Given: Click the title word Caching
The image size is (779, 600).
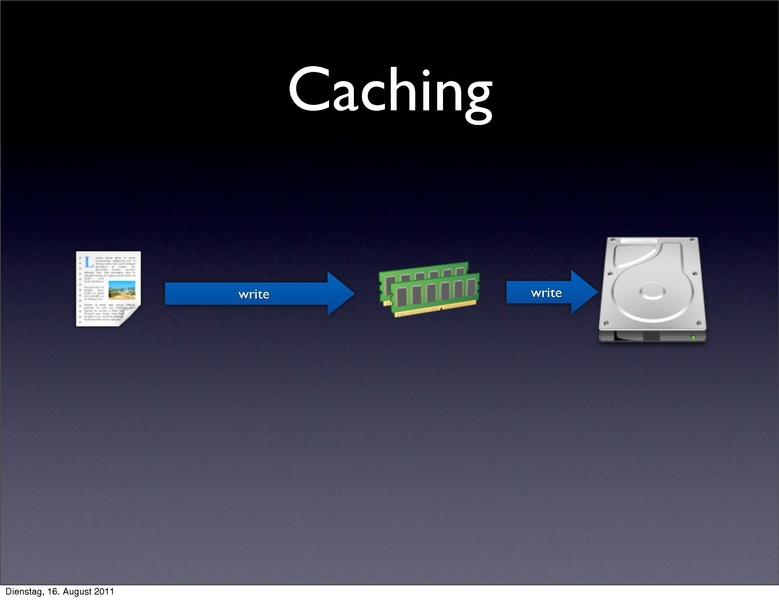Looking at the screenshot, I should coord(390,92).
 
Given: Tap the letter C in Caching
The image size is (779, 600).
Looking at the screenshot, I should coord(308,90).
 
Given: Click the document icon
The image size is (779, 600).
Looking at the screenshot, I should coord(108,288).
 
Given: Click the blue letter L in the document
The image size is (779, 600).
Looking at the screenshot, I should coord(88,263).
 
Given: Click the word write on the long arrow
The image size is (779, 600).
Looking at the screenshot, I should coord(253,294).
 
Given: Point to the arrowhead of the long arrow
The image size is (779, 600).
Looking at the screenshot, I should coord(340,293).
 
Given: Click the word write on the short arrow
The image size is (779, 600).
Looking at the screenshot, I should coord(546,292).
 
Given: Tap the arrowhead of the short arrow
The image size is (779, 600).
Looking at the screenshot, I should coord(584,292).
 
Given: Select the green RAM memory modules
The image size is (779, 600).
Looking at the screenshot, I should coord(429,289).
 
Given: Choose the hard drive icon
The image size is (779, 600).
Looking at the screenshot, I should coord(652,290).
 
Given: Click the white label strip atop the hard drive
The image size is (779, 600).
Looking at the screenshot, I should coord(651,242).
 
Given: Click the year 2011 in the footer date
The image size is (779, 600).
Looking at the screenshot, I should coord(114,593).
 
